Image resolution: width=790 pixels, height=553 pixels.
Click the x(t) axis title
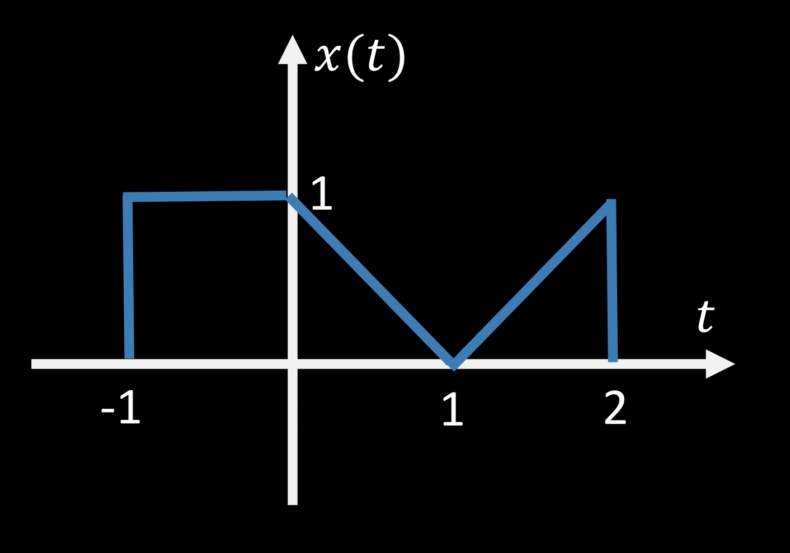[360, 58]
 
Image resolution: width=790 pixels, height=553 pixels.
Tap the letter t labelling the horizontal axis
[706, 316]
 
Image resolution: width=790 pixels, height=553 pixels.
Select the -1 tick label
[121, 408]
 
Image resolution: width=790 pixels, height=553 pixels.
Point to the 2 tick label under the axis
[615, 409]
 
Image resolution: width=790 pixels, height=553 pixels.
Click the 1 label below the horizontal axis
[453, 410]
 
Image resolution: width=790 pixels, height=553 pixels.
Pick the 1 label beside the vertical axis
[321, 194]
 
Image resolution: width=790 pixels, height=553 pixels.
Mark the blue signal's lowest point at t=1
[454, 365]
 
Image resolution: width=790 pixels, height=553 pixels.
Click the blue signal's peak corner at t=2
[611, 202]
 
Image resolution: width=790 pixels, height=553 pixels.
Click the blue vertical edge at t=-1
[129, 280]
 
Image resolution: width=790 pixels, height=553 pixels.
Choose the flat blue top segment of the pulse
[207, 196]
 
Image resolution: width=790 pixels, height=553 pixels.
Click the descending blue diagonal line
[372, 280]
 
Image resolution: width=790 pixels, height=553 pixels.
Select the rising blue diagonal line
[532, 284]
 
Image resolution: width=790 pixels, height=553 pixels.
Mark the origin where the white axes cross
[293, 364]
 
